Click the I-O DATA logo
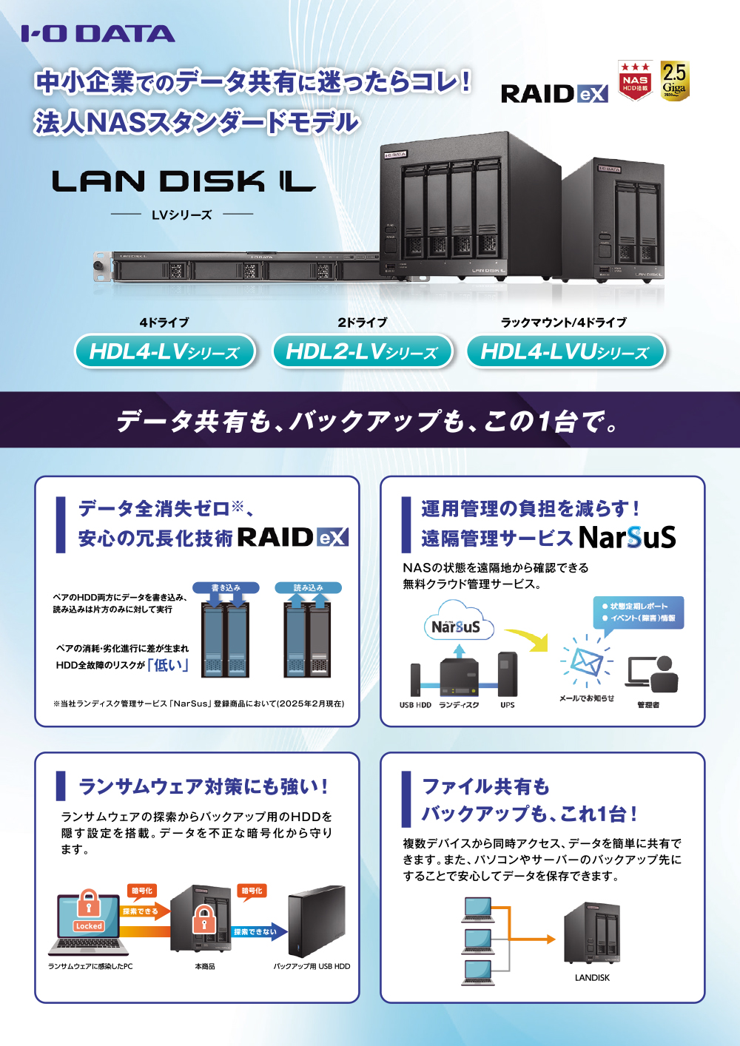coord(98,33)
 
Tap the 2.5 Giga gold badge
coord(674,81)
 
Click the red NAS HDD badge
coord(635,81)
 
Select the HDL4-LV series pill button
coord(164,351)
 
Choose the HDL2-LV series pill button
coord(362,351)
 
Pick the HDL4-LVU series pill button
coord(565,351)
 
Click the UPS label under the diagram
coord(508,705)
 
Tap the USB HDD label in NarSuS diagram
coord(415,705)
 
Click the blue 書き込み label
coord(226,587)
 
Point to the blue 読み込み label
coord(309,587)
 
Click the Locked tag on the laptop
coord(89,925)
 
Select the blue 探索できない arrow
coord(256,931)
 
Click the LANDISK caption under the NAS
coord(592,977)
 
